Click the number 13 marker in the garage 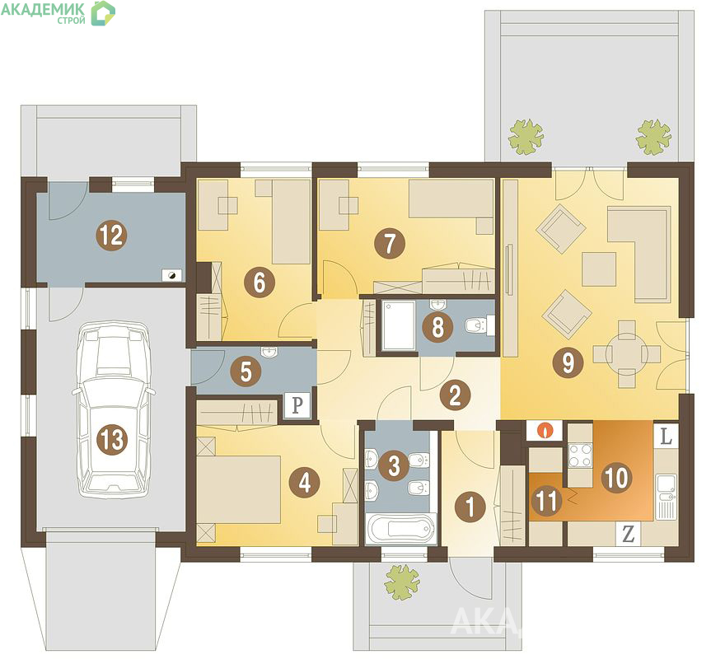click(x=111, y=439)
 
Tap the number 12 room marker click(x=111, y=236)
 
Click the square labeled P click(x=297, y=404)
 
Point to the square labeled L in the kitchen click(x=665, y=436)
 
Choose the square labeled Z click(x=628, y=534)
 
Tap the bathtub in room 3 click(x=400, y=529)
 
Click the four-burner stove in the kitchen click(x=580, y=455)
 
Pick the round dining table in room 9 click(x=627, y=353)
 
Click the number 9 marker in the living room click(x=568, y=362)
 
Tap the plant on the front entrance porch click(x=401, y=582)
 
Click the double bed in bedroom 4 click(x=239, y=489)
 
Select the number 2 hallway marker click(x=455, y=395)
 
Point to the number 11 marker click(x=546, y=502)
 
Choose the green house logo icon click(x=103, y=13)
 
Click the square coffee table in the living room click(x=599, y=269)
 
